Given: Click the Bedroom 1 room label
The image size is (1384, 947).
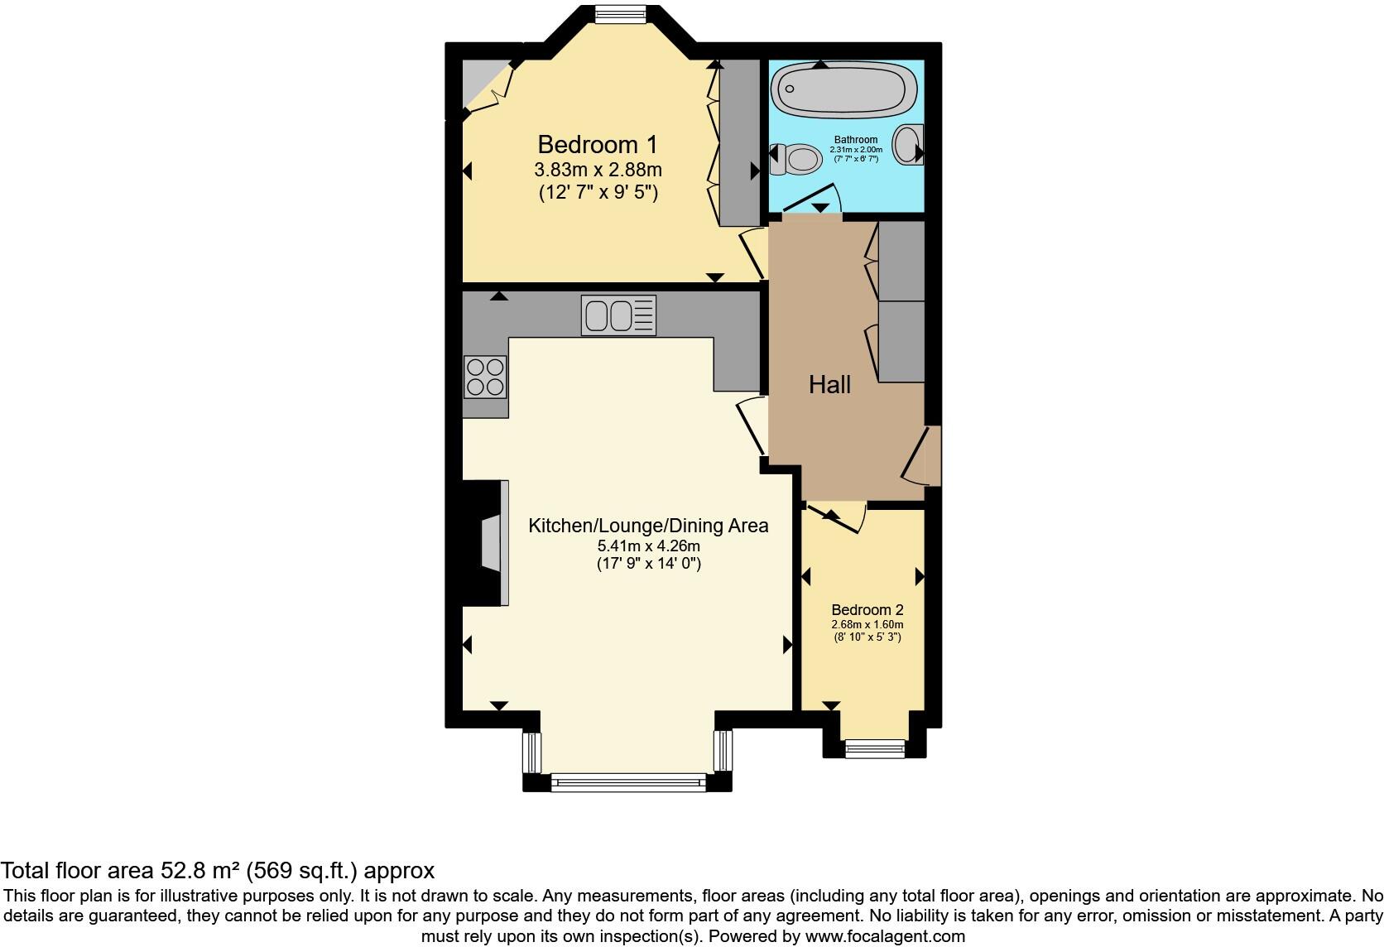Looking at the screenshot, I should [x=597, y=145].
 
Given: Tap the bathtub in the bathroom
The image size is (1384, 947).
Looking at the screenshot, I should [x=843, y=90].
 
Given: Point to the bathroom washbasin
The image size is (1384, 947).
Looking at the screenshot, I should [x=910, y=144].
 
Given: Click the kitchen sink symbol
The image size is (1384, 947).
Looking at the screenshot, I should [x=618, y=315].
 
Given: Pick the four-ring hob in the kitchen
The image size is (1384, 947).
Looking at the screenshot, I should [x=485, y=377].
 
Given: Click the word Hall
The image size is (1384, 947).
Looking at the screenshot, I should [x=829, y=385].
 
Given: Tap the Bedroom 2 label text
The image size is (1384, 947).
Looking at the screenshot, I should [x=867, y=610].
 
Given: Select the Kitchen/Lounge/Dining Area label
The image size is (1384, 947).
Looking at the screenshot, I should [x=648, y=526].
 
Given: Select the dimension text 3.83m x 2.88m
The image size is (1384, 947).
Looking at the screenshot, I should [x=598, y=171].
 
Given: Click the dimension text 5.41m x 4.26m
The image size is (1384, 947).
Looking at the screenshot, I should [x=648, y=546].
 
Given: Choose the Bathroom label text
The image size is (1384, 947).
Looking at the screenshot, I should [x=856, y=140].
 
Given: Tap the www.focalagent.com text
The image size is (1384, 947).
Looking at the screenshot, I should [x=885, y=937].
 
